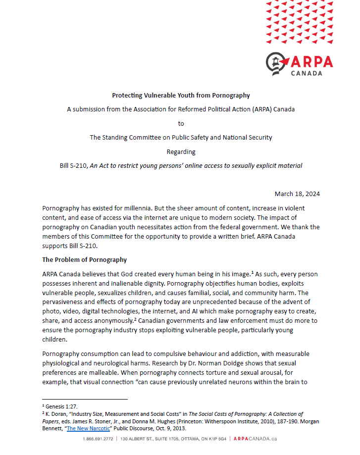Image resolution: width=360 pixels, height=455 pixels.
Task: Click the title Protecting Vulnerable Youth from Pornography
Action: click(181, 95)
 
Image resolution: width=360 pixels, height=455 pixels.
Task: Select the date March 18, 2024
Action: click(297, 194)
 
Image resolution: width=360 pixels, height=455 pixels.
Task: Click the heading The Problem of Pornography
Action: click(84, 259)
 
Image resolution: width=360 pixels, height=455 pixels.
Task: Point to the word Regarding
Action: click(181, 152)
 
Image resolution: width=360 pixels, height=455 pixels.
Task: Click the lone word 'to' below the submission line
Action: click(181, 123)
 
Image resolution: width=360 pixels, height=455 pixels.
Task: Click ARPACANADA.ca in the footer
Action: click(255, 439)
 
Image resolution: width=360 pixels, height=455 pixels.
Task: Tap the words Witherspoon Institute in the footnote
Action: click(204, 421)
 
